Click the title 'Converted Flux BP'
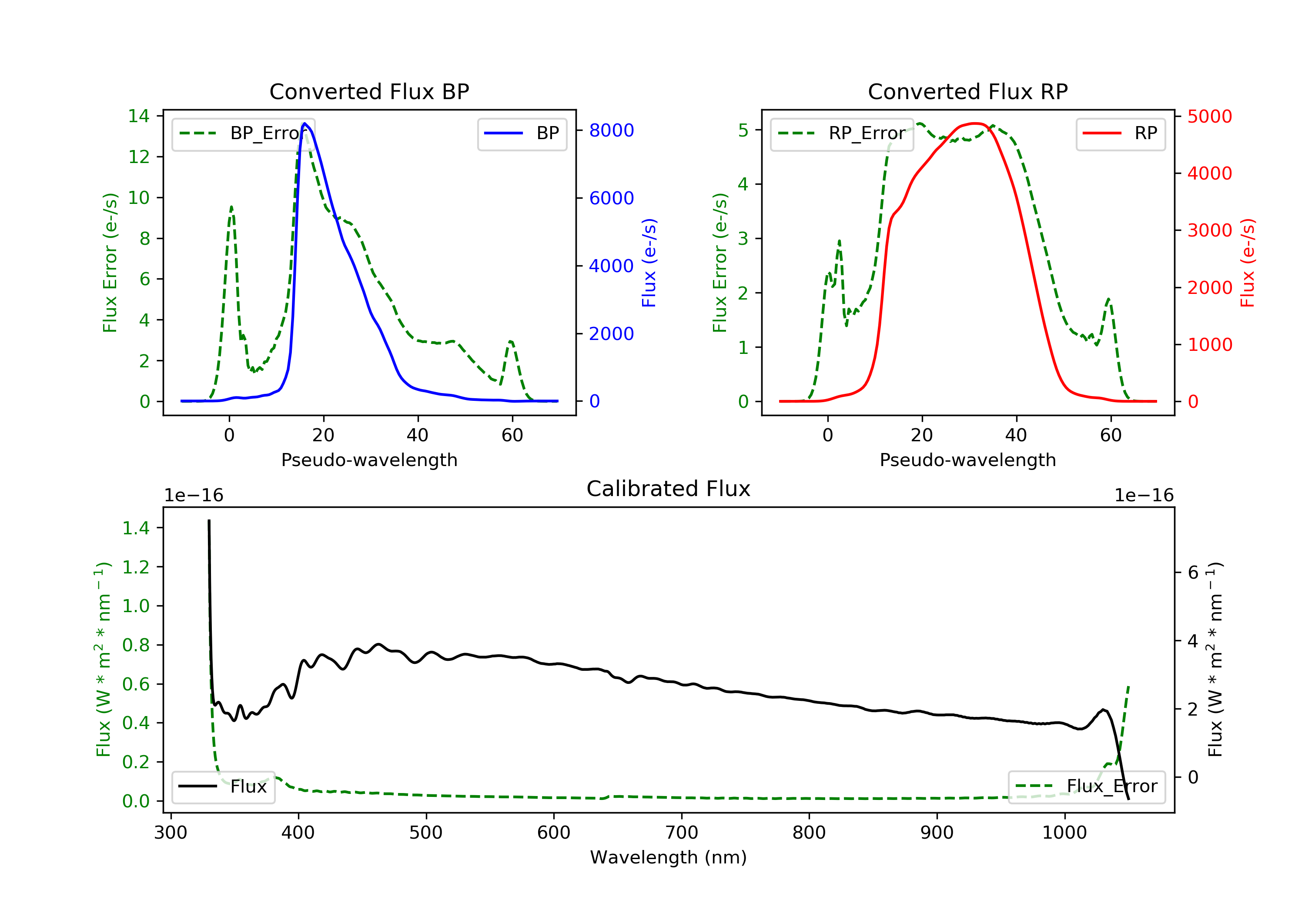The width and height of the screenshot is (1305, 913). coord(369,91)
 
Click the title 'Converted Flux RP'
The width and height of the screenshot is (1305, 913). coord(967,91)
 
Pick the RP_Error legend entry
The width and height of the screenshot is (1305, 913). coord(842,133)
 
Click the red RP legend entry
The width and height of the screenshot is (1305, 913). coord(1120,133)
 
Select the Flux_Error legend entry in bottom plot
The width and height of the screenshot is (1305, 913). coord(1086,786)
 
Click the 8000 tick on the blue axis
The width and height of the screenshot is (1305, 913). coord(611,131)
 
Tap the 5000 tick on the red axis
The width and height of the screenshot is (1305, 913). coord(1209,117)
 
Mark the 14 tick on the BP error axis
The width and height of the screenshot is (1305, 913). coord(139,117)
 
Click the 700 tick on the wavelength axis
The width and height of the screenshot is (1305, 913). coord(682,833)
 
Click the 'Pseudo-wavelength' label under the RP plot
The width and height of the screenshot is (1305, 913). coord(967,460)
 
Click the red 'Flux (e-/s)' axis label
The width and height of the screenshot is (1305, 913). coord(1248,263)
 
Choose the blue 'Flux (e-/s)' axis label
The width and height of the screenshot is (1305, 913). coord(649,263)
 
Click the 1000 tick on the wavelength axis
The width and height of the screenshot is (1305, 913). coord(1064,833)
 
